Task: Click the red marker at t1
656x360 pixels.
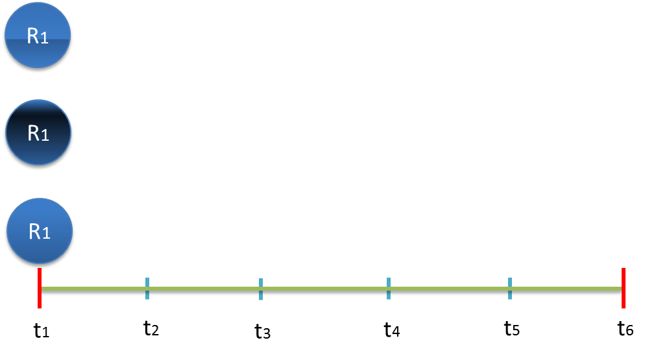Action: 40,289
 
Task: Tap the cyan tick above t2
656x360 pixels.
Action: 147,288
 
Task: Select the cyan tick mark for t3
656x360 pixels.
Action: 261,289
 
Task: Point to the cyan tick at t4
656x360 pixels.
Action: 388,288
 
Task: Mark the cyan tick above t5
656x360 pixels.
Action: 510,288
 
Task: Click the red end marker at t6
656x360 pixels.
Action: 623,288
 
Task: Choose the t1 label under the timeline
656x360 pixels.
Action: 42,331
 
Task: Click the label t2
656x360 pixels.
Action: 151,328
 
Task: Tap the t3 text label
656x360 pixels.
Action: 262,331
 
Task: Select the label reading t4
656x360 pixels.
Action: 392,330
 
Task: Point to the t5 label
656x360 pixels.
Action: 512,329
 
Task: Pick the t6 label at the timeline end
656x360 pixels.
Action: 626,329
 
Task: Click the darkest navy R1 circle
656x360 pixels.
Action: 38,135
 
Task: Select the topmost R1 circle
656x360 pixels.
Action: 38,36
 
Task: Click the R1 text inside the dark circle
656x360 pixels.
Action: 38,134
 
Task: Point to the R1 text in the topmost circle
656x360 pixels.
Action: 38,36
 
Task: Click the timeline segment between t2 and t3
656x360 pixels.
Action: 204,291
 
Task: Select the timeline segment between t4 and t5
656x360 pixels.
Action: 449,291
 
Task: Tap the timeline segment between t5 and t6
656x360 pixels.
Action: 566,291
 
